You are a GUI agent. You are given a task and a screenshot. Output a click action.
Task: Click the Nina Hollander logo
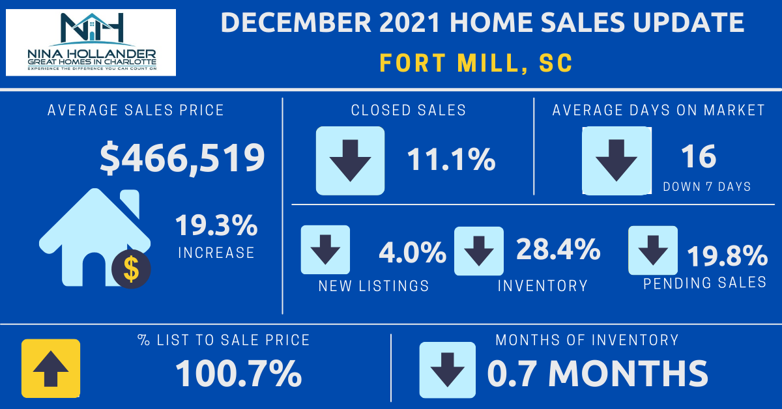coord(91,42)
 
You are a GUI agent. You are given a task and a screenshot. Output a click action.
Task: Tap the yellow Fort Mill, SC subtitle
coord(476,63)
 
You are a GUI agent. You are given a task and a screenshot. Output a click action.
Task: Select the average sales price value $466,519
coord(182,158)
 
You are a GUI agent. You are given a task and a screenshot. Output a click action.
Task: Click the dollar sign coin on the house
coord(131,268)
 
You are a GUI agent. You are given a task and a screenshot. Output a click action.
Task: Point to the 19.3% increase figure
coord(216,227)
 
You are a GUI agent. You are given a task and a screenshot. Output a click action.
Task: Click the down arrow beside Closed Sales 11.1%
coord(350,160)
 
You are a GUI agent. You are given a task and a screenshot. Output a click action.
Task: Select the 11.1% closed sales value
coord(451,160)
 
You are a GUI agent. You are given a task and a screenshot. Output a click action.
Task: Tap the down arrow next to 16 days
coord(616,160)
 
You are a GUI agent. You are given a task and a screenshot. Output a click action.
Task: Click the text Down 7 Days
coord(707,187)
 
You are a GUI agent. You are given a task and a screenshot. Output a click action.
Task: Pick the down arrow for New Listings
coord(325,249)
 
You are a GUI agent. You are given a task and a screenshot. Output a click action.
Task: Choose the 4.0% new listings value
coord(413,253)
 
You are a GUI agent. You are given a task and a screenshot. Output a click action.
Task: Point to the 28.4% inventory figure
coord(558,249)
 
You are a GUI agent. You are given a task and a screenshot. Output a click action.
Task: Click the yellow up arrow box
coord(51,369)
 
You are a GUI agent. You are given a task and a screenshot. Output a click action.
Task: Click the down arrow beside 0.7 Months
coord(448,369)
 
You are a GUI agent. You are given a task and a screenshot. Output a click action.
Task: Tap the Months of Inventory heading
coord(586,340)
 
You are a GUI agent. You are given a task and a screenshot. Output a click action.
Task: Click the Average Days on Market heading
coord(658,110)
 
